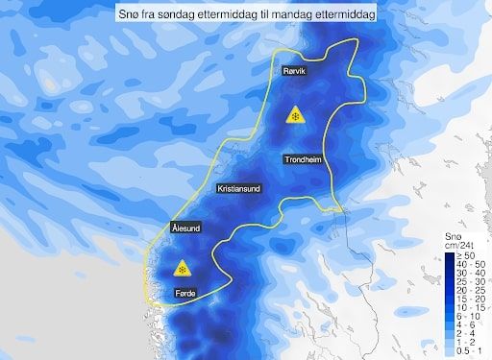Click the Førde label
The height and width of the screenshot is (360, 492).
188,292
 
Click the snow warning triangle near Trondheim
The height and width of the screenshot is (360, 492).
294,115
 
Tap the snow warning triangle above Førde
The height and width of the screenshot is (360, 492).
181,266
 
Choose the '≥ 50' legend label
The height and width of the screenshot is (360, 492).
465,256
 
